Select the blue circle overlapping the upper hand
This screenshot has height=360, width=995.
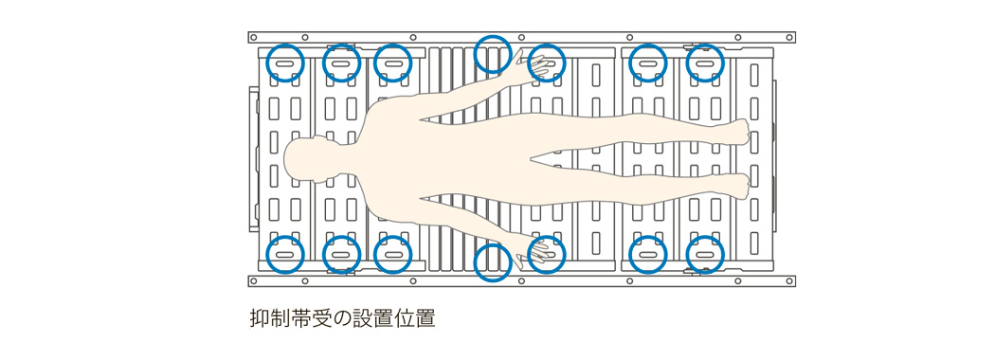547,63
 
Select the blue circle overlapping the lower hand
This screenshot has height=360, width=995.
547,255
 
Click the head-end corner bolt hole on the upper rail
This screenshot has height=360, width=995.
252,38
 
